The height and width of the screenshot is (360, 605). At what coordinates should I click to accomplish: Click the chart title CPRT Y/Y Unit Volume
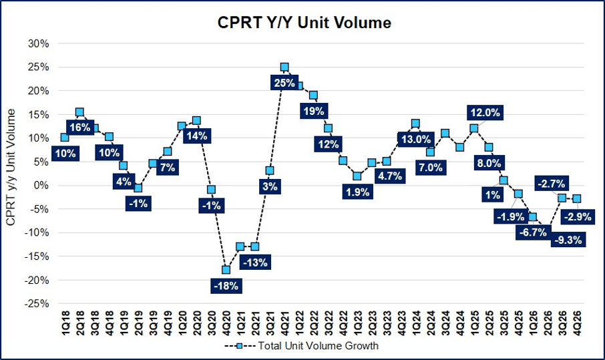(304, 23)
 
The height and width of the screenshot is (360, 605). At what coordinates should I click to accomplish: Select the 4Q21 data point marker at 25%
(284, 67)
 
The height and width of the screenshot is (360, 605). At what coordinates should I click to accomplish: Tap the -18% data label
(226, 286)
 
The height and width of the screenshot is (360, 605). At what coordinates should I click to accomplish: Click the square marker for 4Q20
(226, 269)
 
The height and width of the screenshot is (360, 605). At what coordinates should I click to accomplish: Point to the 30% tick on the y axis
(39, 43)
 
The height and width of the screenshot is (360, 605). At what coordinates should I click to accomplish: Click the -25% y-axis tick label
(37, 304)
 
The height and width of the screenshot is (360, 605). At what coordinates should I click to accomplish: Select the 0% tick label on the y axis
(41, 186)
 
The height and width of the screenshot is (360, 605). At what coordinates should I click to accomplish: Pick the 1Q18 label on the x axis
(65, 324)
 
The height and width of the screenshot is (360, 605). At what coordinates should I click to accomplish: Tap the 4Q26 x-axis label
(577, 324)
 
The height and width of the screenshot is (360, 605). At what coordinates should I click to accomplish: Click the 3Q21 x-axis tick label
(270, 324)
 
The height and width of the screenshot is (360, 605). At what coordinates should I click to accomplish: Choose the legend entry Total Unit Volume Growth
(301, 346)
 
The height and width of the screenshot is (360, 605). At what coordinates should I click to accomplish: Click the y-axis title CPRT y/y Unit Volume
(11, 167)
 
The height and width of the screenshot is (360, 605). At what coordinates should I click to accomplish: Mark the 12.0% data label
(485, 113)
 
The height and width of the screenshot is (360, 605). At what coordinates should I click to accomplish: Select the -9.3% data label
(568, 240)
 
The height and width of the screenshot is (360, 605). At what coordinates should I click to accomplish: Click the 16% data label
(80, 128)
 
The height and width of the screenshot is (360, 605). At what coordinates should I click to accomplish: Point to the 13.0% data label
(415, 139)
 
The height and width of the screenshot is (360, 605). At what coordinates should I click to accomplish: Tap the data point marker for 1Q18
(65, 138)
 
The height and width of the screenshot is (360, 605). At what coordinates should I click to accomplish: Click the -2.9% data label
(578, 217)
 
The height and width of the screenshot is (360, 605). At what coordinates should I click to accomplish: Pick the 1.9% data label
(358, 192)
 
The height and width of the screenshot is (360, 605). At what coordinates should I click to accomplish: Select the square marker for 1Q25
(474, 128)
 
